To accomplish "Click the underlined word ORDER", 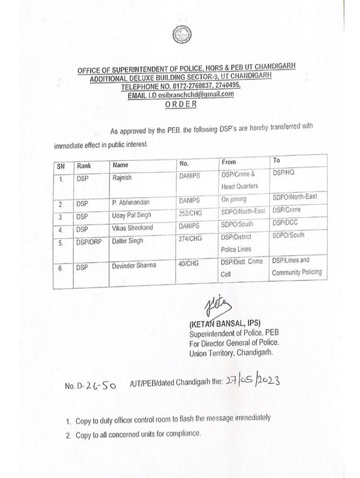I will (x=180, y=104).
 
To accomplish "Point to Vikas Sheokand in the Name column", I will (x=133, y=228).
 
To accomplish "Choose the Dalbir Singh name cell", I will (x=128, y=240).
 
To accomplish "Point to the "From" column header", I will (x=229, y=162).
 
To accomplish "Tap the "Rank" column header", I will (x=84, y=166).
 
